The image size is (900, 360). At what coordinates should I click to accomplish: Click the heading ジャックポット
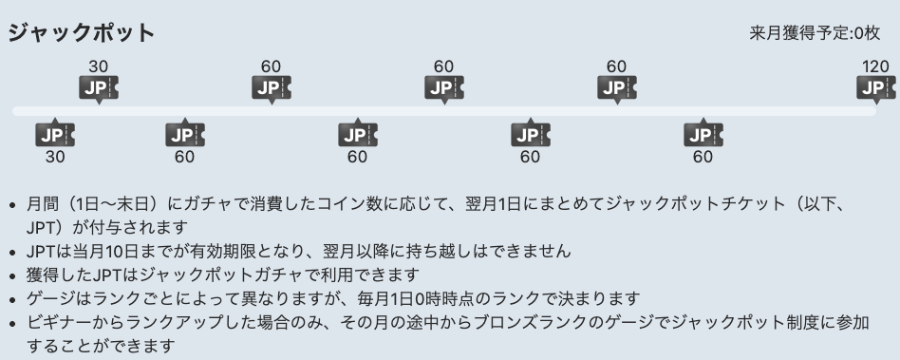click(x=81, y=32)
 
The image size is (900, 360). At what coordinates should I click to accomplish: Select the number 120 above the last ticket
click(x=875, y=66)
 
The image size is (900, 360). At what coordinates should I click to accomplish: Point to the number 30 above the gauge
click(x=98, y=66)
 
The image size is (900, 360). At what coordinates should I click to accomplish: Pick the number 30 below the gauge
click(x=55, y=157)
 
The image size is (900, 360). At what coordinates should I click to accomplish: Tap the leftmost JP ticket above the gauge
click(x=98, y=88)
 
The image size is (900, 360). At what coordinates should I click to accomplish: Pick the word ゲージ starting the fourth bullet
click(x=48, y=299)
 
